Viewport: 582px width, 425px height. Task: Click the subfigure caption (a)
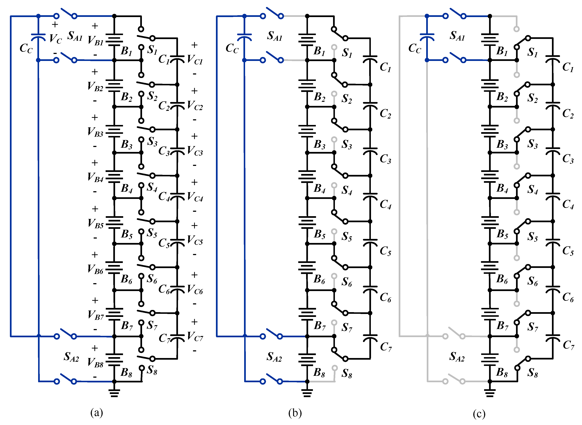(97, 412)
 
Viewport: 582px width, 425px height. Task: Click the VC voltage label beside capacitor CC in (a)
(56, 39)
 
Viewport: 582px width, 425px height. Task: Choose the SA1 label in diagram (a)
(75, 36)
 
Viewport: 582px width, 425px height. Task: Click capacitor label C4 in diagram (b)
(385, 205)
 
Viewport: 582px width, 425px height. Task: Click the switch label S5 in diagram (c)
(533, 236)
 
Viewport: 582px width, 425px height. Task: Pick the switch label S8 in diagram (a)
(152, 370)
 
